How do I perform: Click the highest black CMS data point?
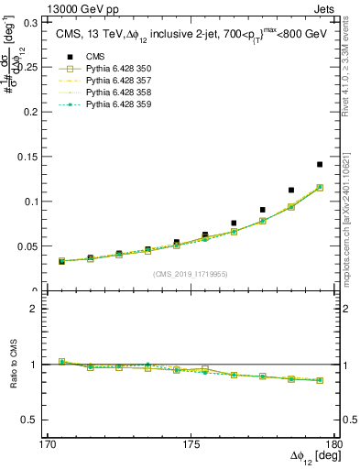[320, 165]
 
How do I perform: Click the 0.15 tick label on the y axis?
[36, 156]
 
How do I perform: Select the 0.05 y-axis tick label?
[36, 245]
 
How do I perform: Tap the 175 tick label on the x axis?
[191, 442]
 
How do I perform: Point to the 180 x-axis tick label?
[331, 442]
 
